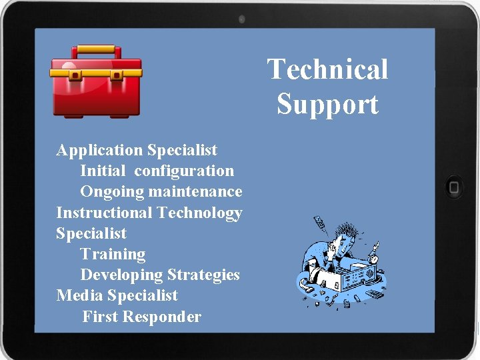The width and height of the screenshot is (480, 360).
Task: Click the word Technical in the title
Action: [327, 69]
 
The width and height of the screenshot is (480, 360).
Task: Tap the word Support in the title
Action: [327, 105]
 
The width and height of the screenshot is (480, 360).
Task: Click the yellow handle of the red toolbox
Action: [97, 51]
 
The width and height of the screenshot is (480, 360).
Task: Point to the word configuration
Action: [184, 171]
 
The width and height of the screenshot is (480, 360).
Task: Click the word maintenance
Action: [195, 192]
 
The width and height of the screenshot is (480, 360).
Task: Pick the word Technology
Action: [199, 213]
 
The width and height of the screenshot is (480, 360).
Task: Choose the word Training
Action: [113, 254]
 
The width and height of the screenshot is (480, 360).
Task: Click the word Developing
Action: [121, 275]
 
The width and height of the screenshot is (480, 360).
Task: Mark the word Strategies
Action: [203, 275]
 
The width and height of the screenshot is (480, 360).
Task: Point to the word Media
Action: [79, 295]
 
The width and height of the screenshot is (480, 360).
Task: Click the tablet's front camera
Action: [241, 19]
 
